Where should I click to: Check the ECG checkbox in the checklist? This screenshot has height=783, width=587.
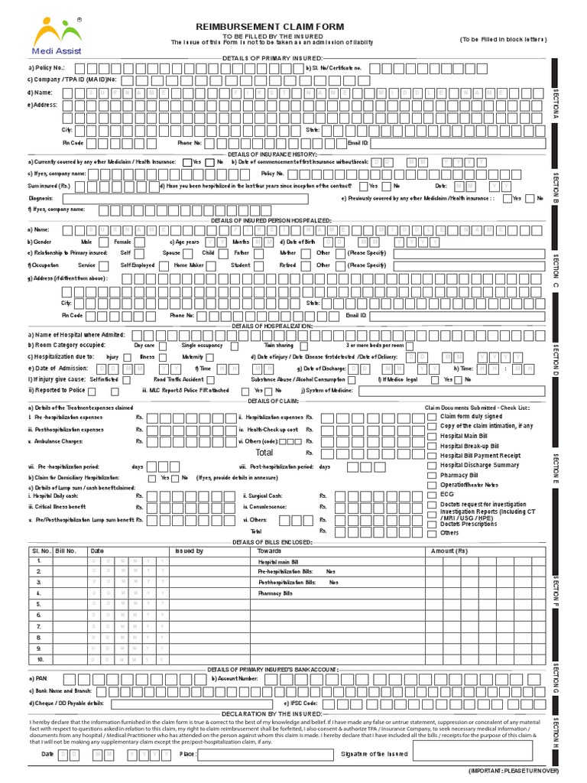433,495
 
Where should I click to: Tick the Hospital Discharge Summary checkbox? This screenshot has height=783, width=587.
433,465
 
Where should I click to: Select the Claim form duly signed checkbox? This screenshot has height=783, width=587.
433,417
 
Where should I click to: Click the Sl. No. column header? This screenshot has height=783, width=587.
39,551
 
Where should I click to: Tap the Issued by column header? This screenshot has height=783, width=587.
189,551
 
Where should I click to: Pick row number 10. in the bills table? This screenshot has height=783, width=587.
39,658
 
